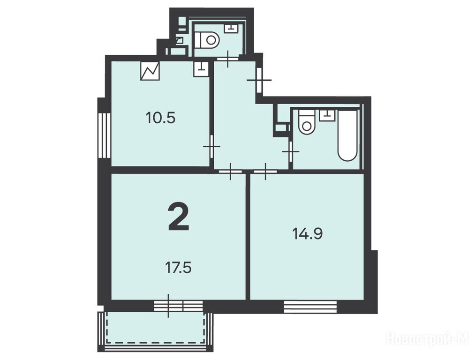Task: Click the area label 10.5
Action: pos(160,118)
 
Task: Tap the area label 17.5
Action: pos(178,268)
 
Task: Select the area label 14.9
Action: pos(308,234)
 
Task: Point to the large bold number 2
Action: pos(179,217)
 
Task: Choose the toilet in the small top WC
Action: pos(207,40)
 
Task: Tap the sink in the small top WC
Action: pos(232,29)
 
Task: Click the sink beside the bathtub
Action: pos(327,115)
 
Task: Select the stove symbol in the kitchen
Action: pos(150,71)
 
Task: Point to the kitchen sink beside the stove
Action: pos(201,69)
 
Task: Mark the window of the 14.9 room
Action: pos(310,307)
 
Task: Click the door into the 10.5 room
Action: pos(211,147)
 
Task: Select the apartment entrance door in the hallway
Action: pos(259,80)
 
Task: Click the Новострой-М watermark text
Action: pos(428,338)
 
